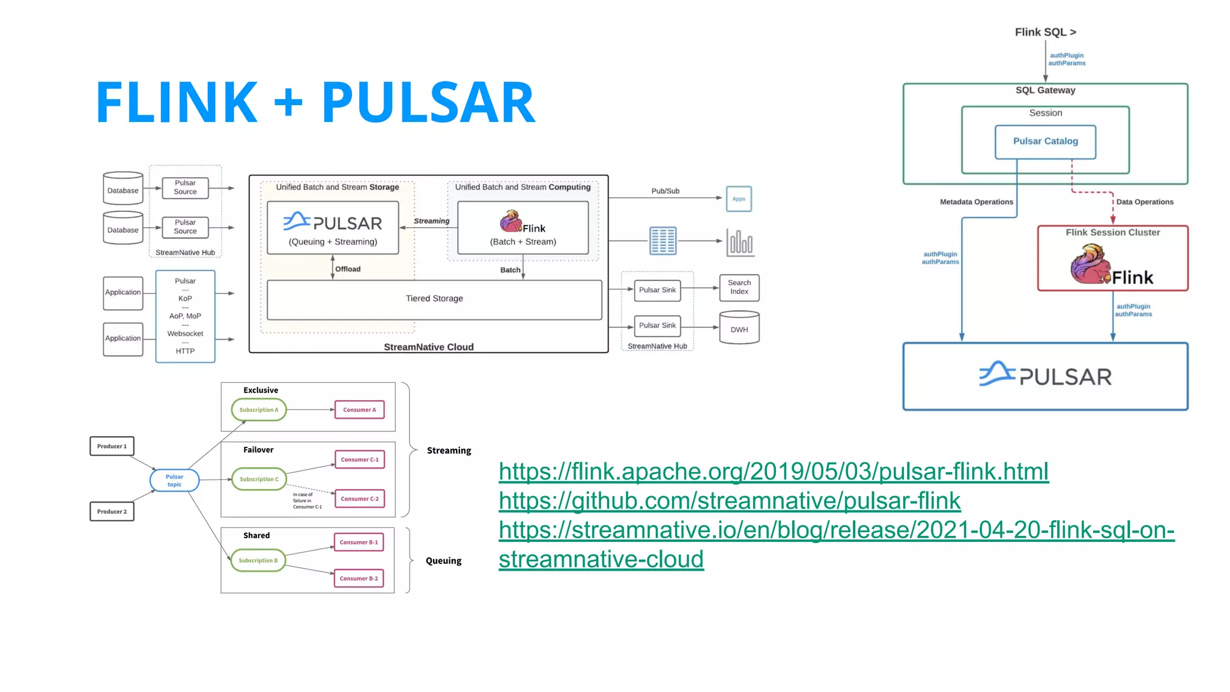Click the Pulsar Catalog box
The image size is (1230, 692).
pyautogui.click(x=1045, y=142)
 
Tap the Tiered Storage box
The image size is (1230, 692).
pyautogui.click(x=434, y=299)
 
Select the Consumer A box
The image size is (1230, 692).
pyautogui.click(x=359, y=410)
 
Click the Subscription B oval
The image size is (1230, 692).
pyautogui.click(x=258, y=560)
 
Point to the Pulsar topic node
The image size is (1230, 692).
pyautogui.click(x=174, y=481)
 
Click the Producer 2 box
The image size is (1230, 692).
pyautogui.click(x=112, y=512)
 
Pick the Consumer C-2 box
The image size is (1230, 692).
pyautogui.click(x=359, y=499)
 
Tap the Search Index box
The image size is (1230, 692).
pyautogui.click(x=739, y=288)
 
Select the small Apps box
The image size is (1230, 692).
pyautogui.click(x=738, y=199)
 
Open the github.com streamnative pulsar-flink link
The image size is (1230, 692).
pyautogui.click(x=729, y=501)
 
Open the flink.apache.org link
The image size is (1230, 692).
pyautogui.click(x=773, y=472)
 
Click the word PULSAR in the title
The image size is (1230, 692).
pyautogui.click(x=428, y=103)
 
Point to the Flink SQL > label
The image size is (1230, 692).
pyautogui.click(x=1045, y=32)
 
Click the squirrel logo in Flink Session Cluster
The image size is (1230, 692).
pyautogui.click(x=1090, y=265)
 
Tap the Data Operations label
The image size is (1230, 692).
pyautogui.click(x=1144, y=202)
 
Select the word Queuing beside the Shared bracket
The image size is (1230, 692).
pyautogui.click(x=443, y=561)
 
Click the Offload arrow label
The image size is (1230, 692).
pyautogui.click(x=348, y=269)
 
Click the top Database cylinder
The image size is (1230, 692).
pyautogui.click(x=123, y=189)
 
